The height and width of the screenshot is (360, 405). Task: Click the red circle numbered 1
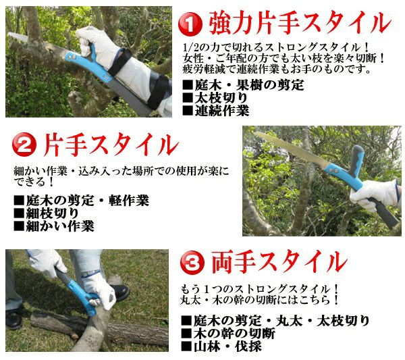tap(190, 24)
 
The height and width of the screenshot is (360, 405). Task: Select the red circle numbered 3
tap(192, 263)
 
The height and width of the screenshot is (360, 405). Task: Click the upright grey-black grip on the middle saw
tap(356, 159)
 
